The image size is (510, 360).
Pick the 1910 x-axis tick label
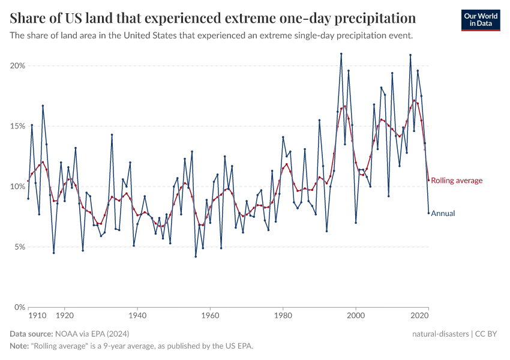point(38,315)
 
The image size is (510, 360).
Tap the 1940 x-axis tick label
point(137,315)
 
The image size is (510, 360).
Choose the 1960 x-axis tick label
point(210,315)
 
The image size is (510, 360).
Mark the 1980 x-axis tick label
point(283,315)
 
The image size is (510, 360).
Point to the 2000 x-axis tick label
point(356,315)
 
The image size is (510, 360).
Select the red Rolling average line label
point(457,181)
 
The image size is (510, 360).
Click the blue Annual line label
point(443,213)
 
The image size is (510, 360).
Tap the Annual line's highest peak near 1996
point(341,53)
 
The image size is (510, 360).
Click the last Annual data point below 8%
point(428,213)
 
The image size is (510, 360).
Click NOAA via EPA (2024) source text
point(91,333)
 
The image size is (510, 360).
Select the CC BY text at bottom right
point(490,333)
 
